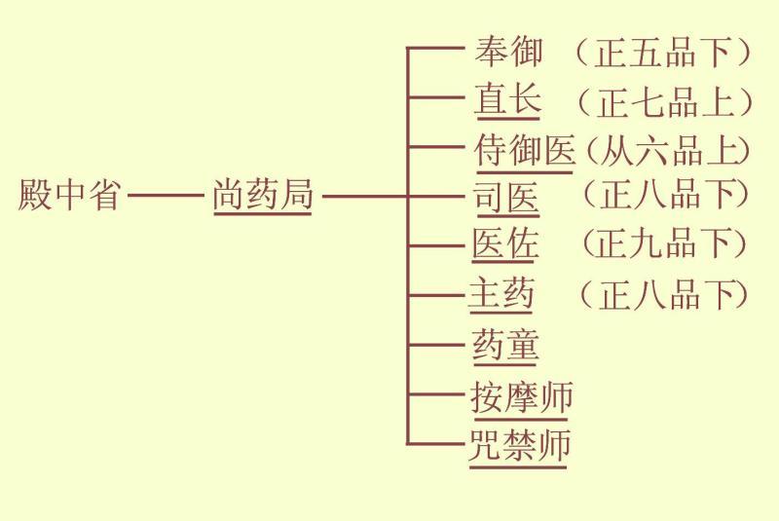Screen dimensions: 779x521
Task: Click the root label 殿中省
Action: coord(69,195)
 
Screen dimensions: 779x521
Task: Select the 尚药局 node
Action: coord(263,195)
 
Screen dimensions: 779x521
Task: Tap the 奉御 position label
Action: coord(507,52)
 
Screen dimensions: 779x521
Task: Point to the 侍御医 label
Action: coord(525,150)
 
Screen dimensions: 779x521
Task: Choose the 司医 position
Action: coord(506,197)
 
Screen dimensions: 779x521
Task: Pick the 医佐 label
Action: coord(504,243)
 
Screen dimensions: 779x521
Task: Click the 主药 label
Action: coord(501,293)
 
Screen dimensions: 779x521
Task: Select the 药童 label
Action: coord(505,345)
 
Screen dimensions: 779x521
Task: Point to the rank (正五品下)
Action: coord(663,53)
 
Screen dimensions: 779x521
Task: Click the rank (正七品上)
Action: coord(665,102)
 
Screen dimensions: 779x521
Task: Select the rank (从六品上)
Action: coord(668,151)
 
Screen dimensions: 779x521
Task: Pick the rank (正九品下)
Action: coord(665,243)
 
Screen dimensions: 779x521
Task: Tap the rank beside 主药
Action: coord(664,294)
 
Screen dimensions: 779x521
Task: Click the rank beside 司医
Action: coord(666,194)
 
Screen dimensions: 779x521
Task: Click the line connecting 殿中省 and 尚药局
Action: coord(166,195)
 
